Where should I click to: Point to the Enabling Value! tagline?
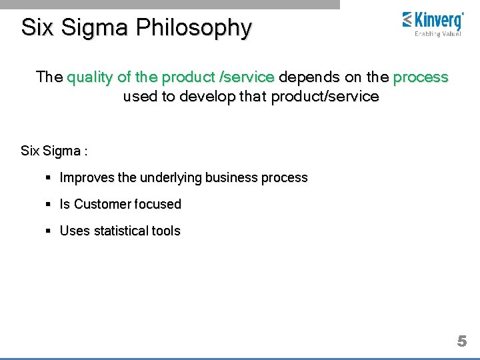tap(437, 34)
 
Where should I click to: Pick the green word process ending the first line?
tap(421, 77)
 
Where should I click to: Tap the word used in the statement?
tap(139, 97)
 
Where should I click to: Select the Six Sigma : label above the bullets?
tap(54, 151)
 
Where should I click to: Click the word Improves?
tap(87, 178)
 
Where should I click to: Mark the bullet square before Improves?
tap(49, 178)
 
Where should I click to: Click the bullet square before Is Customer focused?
tap(49, 204)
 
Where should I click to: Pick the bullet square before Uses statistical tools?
tap(49, 231)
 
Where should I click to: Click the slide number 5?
tap(461, 341)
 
